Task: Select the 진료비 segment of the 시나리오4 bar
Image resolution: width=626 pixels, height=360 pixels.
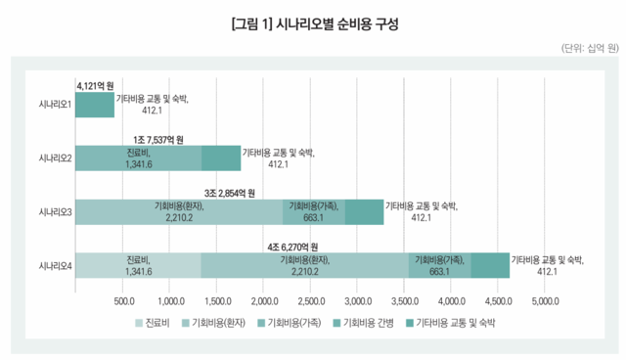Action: [138, 266]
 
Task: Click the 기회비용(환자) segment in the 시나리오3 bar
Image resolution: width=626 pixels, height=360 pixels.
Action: [179, 212]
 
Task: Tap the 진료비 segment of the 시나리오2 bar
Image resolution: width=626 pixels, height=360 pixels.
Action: [138, 157]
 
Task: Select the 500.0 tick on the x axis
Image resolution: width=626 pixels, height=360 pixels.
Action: [124, 300]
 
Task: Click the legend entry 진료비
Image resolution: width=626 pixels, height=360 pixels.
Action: [154, 321]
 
